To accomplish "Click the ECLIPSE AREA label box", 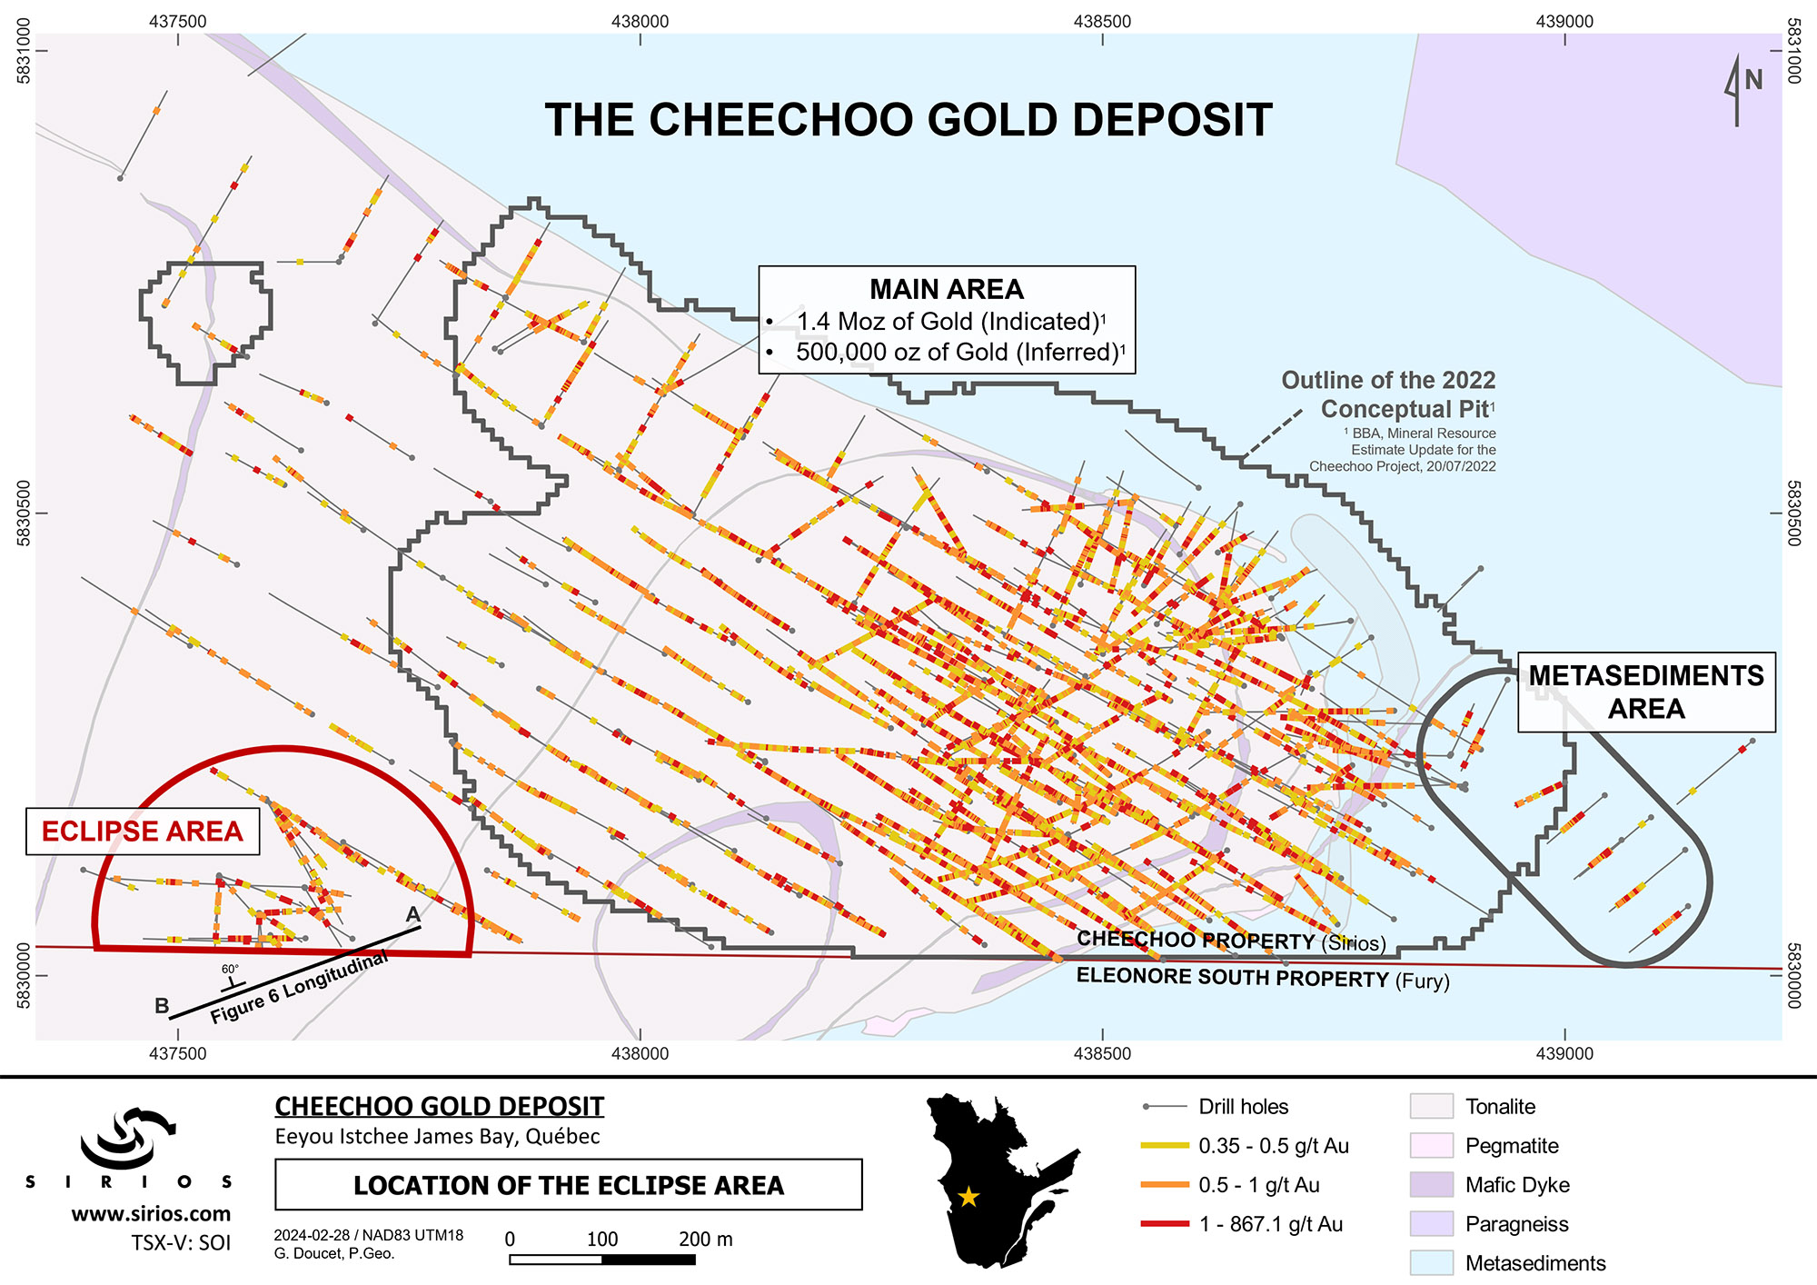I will click(143, 832).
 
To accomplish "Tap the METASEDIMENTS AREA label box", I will click(1646, 692).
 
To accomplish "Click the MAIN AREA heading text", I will click(946, 289).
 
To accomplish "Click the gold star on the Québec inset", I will click(968, 1197).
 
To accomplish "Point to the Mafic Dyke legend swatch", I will click(1431, 1185).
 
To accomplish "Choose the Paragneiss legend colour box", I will click(1431, 1224).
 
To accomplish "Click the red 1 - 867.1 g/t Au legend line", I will click(1165, 1224).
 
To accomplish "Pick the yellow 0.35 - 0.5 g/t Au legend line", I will click(1165, 1146).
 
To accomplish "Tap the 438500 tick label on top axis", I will click(1102, 21).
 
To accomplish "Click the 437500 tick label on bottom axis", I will click(177, 1054).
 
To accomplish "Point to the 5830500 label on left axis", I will click(24, 513).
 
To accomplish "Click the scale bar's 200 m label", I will click(705, 1240).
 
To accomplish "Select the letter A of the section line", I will click(412, 914).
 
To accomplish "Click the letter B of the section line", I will click(162, 1006).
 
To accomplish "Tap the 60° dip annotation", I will click(230, 970).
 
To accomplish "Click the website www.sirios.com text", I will click(151, 1214).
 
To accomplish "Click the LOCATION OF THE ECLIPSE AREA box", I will click(568, 1185).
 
